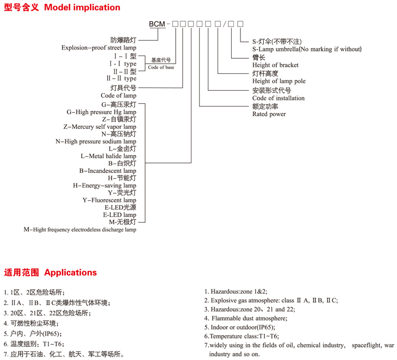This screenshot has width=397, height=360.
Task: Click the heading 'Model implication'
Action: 82,8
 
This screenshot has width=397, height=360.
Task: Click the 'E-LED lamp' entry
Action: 120,215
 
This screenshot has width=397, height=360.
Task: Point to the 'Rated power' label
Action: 269,114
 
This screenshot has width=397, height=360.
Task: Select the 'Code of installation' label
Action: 278,98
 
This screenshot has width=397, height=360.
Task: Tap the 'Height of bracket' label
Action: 275,65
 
